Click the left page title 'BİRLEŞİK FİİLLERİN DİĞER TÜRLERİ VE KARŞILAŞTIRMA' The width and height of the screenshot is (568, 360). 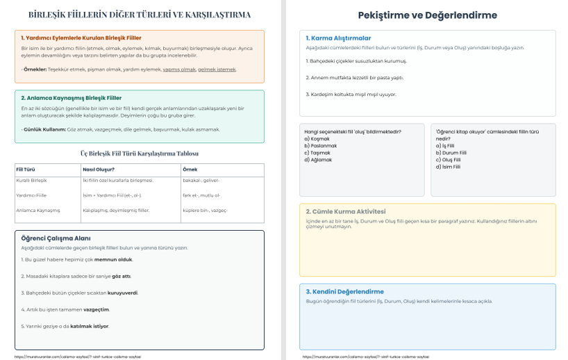click(x=140, y=15)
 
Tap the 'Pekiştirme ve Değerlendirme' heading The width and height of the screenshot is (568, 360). click(x=427, y=15)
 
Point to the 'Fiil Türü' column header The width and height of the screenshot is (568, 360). click(x=26, y=169)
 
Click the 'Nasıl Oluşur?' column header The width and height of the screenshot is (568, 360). click(x=99, y=169)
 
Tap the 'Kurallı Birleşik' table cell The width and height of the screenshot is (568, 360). click(x=31, y=181)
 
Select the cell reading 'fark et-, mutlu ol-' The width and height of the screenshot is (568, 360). click(x=201, y=195)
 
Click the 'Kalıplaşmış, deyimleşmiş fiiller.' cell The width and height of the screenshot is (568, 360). click(x=117, y=210)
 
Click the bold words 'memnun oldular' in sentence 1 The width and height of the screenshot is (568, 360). click(x=113, y=259)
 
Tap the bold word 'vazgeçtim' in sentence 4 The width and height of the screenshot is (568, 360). click(x=97, y=309)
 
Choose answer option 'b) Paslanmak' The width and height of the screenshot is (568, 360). click(x=321, y=145)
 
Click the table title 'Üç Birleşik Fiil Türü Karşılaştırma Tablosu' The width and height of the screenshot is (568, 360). click(x=140, y=154)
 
